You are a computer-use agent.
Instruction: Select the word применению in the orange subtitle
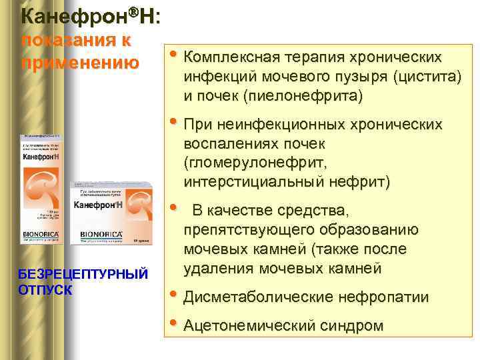point(81,63)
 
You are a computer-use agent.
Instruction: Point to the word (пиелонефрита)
point(303,96)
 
